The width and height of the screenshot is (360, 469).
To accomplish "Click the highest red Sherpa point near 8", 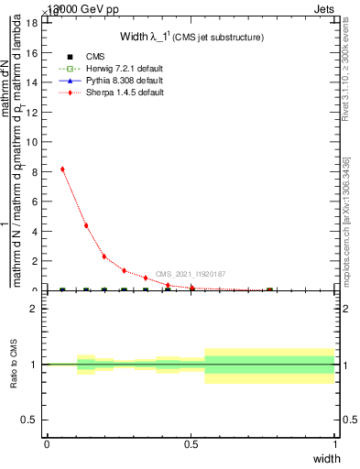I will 62,169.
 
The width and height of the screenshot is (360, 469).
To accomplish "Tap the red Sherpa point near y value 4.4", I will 86,225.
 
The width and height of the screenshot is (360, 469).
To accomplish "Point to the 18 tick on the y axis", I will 35,23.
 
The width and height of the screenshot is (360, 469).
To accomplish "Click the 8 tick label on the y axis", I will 35,171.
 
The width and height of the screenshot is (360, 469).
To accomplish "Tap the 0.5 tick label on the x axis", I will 191,444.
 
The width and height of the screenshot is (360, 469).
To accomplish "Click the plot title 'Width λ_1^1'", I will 192,37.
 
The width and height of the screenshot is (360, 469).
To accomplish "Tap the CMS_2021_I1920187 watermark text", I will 190,274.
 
